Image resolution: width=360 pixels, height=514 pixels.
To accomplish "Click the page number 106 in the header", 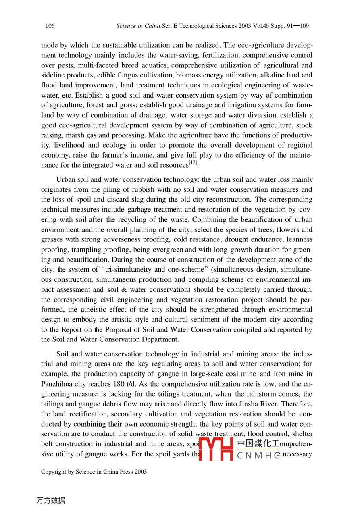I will (50, 26).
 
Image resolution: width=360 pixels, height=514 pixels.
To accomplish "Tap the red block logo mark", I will (216, 449).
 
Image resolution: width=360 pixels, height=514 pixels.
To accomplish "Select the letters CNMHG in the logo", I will (258, 456).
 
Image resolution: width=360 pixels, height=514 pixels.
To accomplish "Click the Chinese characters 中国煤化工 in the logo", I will (258, 443).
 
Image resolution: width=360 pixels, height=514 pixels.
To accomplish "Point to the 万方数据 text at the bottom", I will (50, 501).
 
